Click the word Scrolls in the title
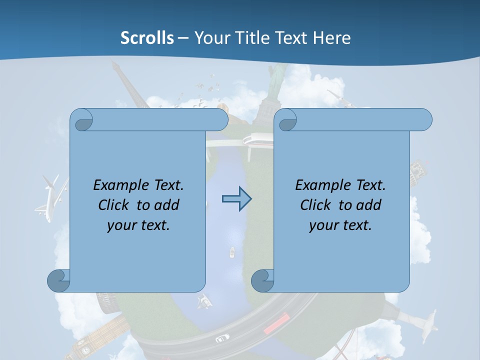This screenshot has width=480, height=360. [147, 37]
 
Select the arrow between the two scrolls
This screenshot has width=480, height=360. [236, 199]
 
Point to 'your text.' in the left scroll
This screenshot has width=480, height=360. [138, 225]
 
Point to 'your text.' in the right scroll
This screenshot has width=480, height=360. [340, 225]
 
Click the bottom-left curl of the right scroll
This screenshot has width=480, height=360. [263, 281]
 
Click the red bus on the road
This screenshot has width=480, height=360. [276, 323]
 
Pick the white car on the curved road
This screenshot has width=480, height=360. [222, 338]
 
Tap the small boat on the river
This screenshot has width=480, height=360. [232, 252]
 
